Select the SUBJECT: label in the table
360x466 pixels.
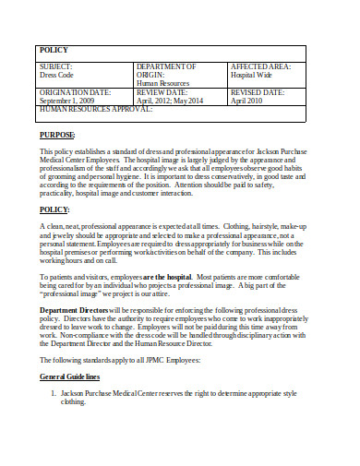click(x=57, y=67)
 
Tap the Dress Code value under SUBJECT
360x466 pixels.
click(x=57, y=76)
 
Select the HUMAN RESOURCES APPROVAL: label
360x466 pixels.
click(x=96, y=110)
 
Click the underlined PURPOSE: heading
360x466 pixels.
click(x=58, y=135)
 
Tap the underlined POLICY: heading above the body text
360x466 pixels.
click(x=55, y=209)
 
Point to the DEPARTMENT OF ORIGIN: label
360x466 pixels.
click(x=166, y=71)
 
